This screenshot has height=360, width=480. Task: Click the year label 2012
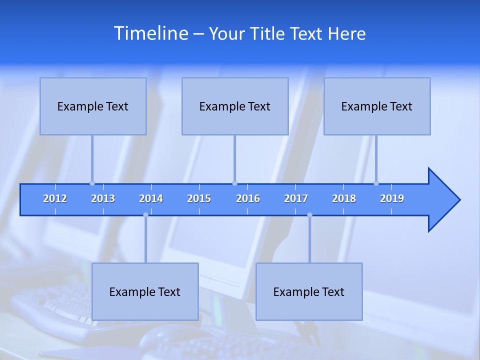pos(55,198)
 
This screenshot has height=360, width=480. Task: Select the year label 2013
pos(103,198)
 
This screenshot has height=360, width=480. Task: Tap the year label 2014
pos(151,198)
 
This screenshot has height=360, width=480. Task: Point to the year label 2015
pos(199,198)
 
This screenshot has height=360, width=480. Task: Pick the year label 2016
pos(248,198)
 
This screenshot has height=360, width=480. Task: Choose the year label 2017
pos(296,198)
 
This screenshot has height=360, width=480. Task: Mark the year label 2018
pos(344,198)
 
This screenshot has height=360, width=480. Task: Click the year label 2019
pos(392,198)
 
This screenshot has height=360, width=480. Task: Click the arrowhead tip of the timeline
pos(458,200)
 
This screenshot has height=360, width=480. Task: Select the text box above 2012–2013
pos(93,106)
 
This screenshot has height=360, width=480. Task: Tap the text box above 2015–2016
pos(235,106)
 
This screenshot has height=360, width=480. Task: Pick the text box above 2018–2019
pos(377,106)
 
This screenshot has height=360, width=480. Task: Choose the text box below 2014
pos(145,291)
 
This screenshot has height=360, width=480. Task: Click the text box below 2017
pos(309,291)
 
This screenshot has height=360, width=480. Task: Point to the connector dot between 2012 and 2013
pos(92,183)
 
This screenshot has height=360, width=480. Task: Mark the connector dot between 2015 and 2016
pos(234,183)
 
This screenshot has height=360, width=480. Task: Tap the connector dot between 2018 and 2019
pos(376,183)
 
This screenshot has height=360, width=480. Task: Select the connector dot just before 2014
pos(145,215)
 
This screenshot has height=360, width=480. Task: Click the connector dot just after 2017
pos(309,215)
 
